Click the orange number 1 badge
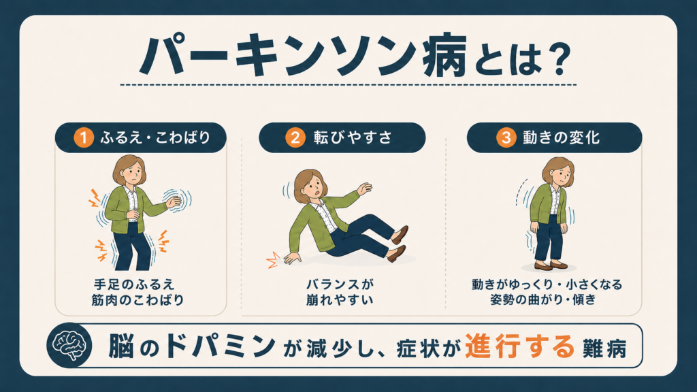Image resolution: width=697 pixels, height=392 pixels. tap(84, 137)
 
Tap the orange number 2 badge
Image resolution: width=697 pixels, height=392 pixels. tap(295, 137)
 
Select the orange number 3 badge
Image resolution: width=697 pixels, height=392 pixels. tap(506, 137)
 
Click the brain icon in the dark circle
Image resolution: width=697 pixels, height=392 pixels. tap(69, 345)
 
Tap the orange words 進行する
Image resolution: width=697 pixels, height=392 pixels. tap(520, 346)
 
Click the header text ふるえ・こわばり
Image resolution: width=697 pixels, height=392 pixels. tap(155, 137)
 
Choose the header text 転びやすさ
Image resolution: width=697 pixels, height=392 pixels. tap(353, 137)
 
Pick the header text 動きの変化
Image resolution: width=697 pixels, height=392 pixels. tap(562, 137)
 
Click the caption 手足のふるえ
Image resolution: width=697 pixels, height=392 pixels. tap(134, 284)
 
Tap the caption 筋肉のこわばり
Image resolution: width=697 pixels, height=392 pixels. tap(137, 300)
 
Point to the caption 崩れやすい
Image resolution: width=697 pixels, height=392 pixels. tap(340, 300)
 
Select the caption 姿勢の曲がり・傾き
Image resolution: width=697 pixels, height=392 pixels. tap(542, 299)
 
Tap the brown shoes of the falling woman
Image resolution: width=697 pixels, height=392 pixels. tap(397, 243)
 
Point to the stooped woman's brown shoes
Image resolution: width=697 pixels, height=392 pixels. tap(551, 265)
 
